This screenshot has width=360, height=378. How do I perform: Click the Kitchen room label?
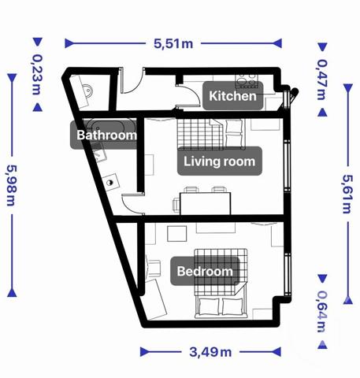(x=232, y=97)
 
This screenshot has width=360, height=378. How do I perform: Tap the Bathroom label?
(x=106, y=135)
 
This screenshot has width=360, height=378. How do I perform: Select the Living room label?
(x=219, y=161)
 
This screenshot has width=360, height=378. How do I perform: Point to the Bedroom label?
(x=205, y=272)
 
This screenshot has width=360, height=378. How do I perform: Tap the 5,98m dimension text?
(x=13, y=186)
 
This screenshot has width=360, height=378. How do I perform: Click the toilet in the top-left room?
(x=87, y=89)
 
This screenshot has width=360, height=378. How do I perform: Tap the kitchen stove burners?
(x=248, y=80)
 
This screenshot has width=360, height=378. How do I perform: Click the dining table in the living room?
(x=205, y=202)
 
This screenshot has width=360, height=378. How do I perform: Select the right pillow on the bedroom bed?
(x=234, y=305)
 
